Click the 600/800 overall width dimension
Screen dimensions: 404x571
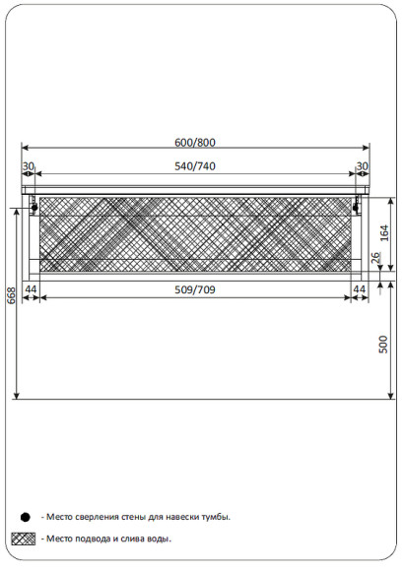(195, 143)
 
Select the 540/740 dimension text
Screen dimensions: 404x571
(195, 166)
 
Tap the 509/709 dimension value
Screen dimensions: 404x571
(195, 289)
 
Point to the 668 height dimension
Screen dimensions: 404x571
(11, 295)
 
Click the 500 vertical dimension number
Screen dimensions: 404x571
(383, 345)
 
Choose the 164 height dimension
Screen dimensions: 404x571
(384, 233)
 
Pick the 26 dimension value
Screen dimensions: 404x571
(375, 258)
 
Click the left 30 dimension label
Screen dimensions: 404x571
(28, 166)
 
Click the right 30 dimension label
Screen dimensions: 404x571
(362, 166)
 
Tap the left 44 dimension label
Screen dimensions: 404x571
(31, 289)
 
